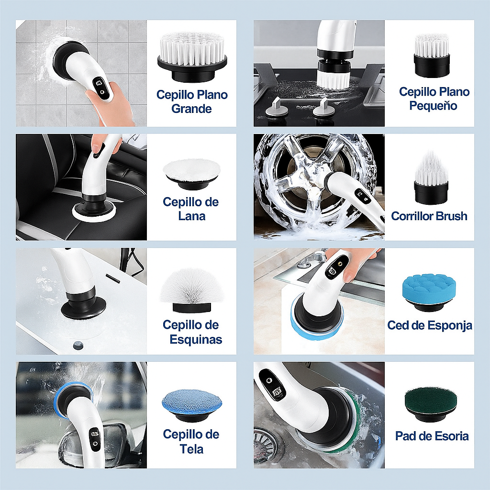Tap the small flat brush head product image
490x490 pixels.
pos(432,55)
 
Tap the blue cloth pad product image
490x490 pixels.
pos(192,404)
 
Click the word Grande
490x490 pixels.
pos(191,109)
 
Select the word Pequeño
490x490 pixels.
pos(434,105)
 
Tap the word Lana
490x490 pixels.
pos(191,216)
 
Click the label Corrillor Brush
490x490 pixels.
pos(429,216)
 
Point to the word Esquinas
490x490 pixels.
pos(196,340)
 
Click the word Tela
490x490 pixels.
pos(191,449)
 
